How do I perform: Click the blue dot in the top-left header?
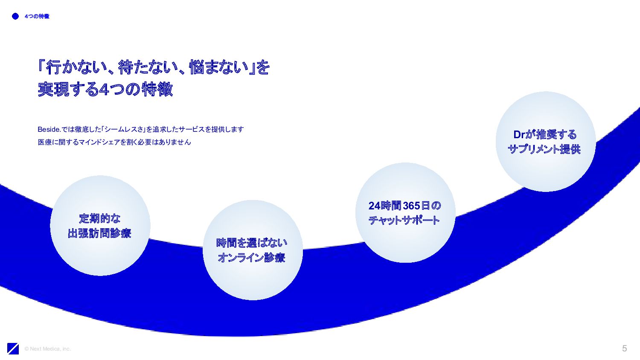click(x=15, y=16)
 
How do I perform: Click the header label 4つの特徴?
click(x=37, y=16)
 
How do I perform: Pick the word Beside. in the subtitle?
click(x=49, y=129)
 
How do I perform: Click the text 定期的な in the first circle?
click(x=100, y=219)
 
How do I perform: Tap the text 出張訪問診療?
click(x=100, y=233)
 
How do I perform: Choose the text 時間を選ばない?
click(x=252, y=243)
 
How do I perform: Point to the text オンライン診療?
click(x=252, y=258)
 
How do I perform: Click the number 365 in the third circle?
click(x=411, y=206)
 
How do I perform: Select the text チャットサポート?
click(x=404, y=221)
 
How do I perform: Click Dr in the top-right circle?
click(x=519, y=135)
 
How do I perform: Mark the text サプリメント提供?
click(x=544, y=149)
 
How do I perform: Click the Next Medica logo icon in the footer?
click(x=13, y=348)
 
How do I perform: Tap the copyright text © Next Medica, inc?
click(x=48, y=349)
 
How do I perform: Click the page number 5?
click(x=624, y=348)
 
